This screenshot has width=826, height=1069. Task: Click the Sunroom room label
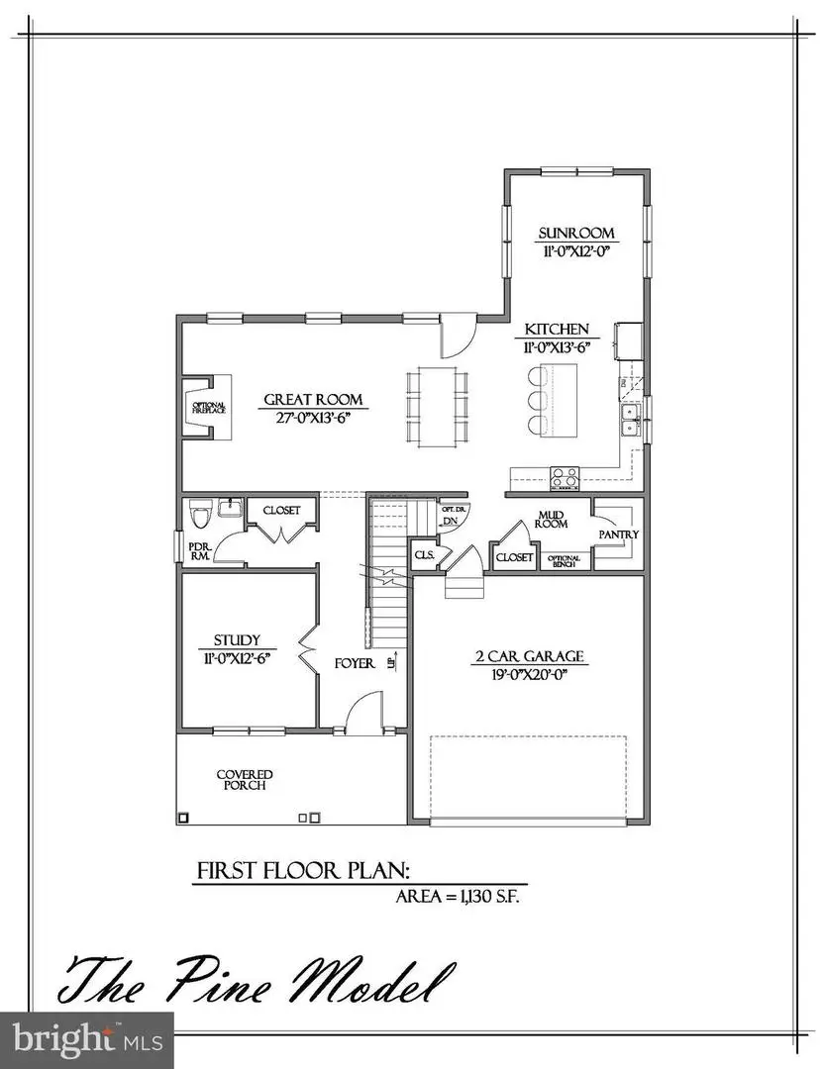[x=577, y=234]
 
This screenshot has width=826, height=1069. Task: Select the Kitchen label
[x=557, y=330]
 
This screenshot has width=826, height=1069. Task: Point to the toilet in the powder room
[x=198, y=515]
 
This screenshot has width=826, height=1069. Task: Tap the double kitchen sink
[x=630, y=420]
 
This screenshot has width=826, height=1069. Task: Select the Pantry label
[x=619, y=534]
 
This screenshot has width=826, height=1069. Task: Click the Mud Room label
[x=552, y=520]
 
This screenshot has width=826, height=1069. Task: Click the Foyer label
[x=354, y=663]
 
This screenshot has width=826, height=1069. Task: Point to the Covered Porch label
[x=245, y=780]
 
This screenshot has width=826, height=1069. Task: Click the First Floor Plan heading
[x=303, y=871]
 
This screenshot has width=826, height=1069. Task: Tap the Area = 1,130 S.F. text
[x=458, y=898]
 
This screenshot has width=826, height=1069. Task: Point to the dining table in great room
[x=436, y=404]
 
